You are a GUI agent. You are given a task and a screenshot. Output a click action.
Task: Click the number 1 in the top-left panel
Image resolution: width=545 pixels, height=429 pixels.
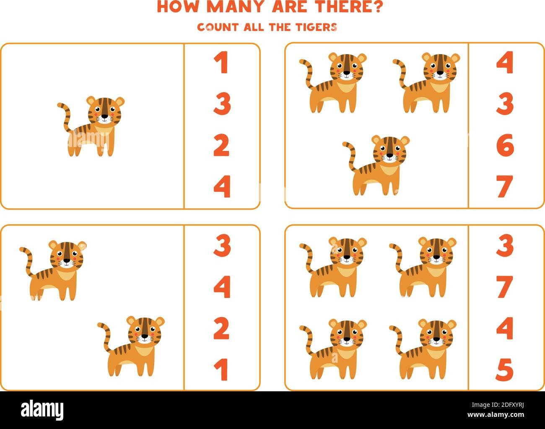[222, 63]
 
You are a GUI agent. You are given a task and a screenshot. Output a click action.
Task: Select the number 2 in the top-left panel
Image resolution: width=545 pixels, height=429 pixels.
[222, 145]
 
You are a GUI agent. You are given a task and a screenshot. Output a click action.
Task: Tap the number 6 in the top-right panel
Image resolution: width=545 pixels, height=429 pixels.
[505, 145]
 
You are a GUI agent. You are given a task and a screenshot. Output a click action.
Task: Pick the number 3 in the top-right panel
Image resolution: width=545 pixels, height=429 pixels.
[505, 104]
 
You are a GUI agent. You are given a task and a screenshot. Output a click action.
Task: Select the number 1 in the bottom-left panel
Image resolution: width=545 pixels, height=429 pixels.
[222, 370]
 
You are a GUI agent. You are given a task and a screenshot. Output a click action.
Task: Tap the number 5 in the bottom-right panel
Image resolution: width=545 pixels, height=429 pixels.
[505, 370]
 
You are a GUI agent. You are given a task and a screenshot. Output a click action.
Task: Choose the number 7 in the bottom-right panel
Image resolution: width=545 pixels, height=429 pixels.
[505, 288]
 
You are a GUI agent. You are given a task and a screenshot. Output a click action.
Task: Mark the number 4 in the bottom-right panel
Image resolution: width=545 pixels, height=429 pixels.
[505, 329]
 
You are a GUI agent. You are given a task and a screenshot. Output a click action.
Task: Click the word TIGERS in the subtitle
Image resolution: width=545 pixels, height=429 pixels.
[317, 27]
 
